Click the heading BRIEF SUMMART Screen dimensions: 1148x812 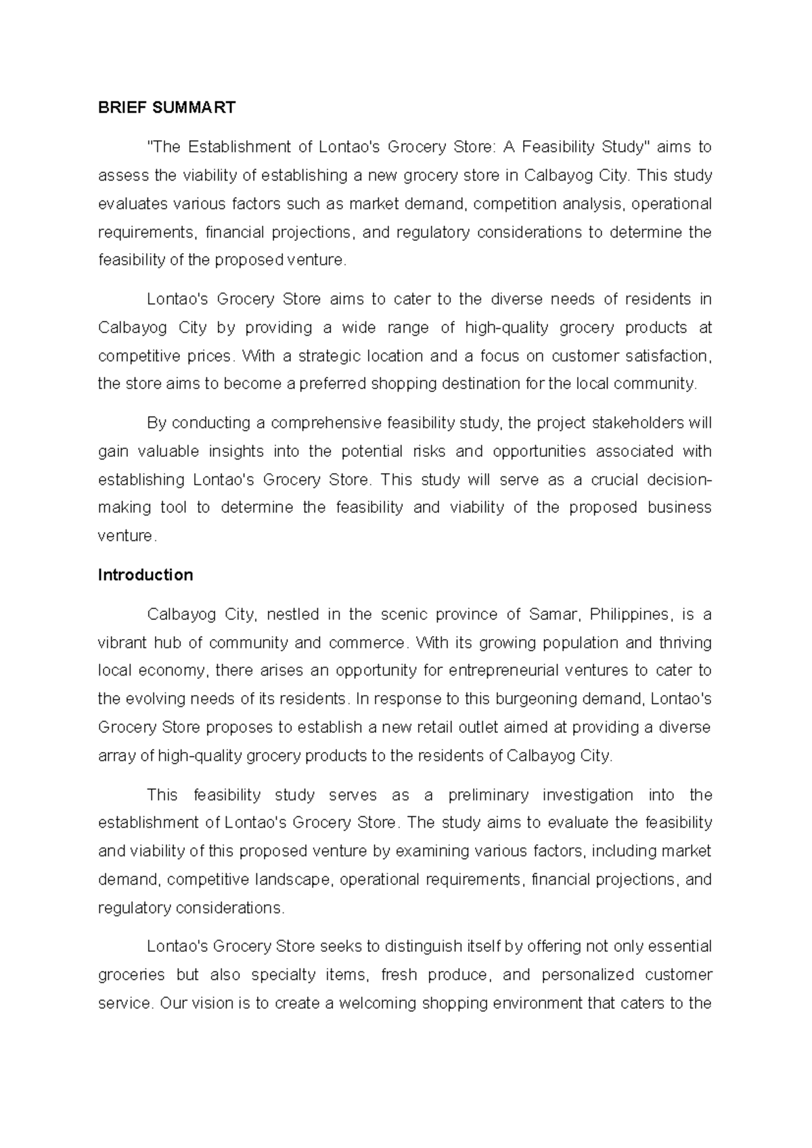tap(166, 108)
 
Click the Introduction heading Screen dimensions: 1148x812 tap(145, 575)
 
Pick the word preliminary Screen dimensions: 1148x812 tap(488, 795)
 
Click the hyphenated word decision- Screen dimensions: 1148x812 tap(679, 480)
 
